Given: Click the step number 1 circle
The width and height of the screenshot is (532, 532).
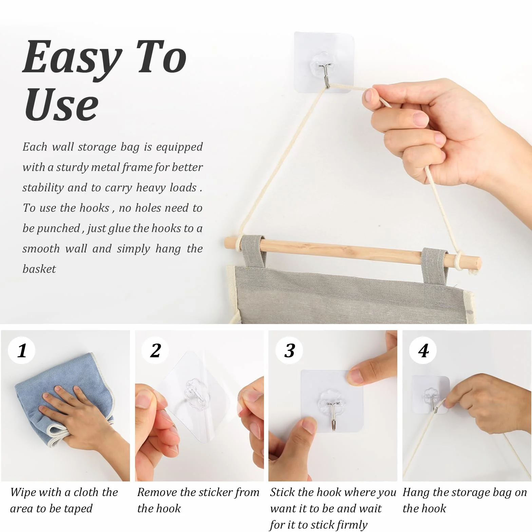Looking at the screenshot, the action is click(x=22, y=350).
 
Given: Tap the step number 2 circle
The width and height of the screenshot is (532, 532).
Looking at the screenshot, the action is click(x=155, y=350).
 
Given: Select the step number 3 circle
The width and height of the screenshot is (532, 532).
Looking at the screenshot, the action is click(x=289, y=350).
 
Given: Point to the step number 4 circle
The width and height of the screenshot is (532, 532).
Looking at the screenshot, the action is click(x=423, y=350).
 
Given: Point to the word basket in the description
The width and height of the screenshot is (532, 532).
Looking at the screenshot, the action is click(x=39, y=269).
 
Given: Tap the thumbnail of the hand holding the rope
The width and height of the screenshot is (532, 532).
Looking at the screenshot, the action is click(x=467, y=406).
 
